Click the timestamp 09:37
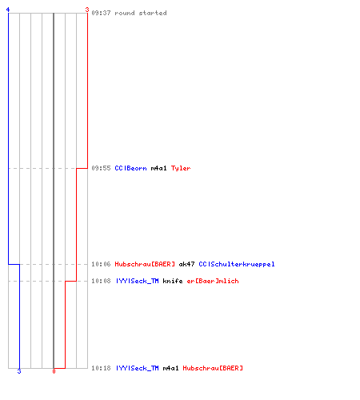(x=101, y=13)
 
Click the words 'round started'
(x=141, y=13)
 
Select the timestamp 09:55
(x=101, y=168)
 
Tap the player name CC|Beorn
(x=130, y=168)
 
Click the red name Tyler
(x=181, y=168)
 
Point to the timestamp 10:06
(x=101, y=264)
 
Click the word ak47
(x=186, y=264)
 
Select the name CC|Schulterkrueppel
(x=237, y=264)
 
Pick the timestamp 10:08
(x=101, y=281)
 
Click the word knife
(x=173, y=281)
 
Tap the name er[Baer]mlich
(x=213, y=281)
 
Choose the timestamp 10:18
(x=101, y=368)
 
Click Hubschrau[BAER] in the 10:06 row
(x=145, y=264)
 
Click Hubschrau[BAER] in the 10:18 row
(x=213, y=368)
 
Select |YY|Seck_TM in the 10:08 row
(x=137, y=281)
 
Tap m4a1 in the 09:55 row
(x=158, y=168)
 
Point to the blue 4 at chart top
(x=8, y=10)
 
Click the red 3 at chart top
(x=87, y=10)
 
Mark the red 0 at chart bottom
(x=54, y=371)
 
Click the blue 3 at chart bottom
(x=19, y=371)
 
